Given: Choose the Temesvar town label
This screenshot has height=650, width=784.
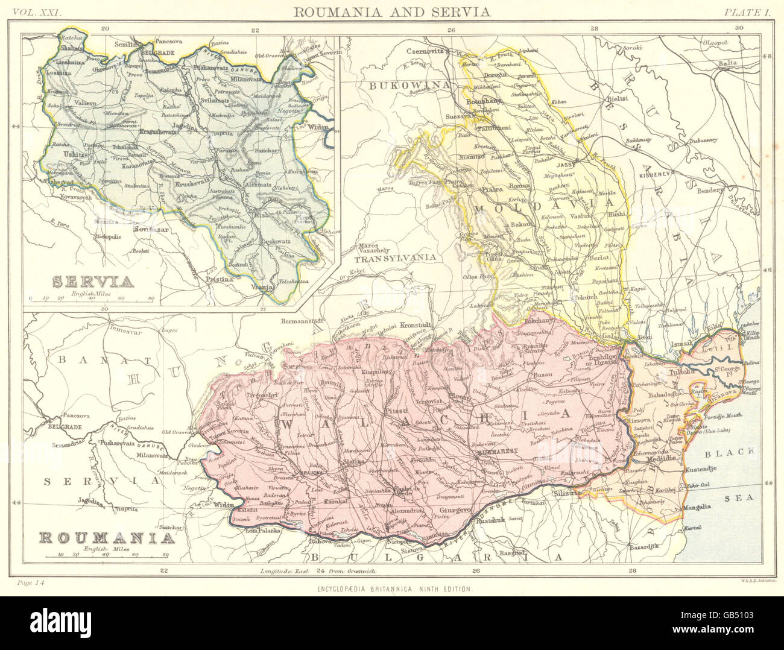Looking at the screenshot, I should (x=117, y=329).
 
